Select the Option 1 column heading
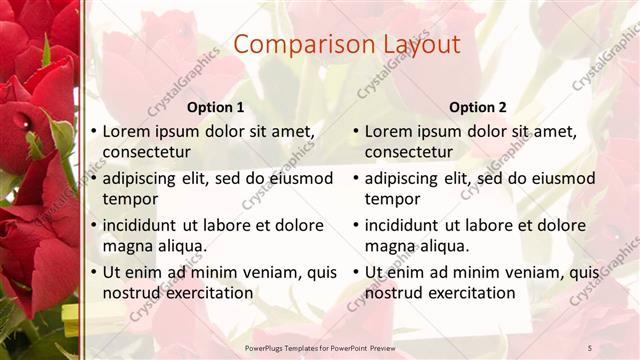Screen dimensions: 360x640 (215, 107)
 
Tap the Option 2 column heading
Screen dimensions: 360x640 (477, 107)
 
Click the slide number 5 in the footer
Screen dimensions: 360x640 (590, 346)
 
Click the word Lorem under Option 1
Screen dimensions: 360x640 (128, 131)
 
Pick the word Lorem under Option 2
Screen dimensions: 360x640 (390, 131)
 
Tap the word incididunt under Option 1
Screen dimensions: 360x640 (148, 226)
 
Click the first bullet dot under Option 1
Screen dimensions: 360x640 (93, 131)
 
